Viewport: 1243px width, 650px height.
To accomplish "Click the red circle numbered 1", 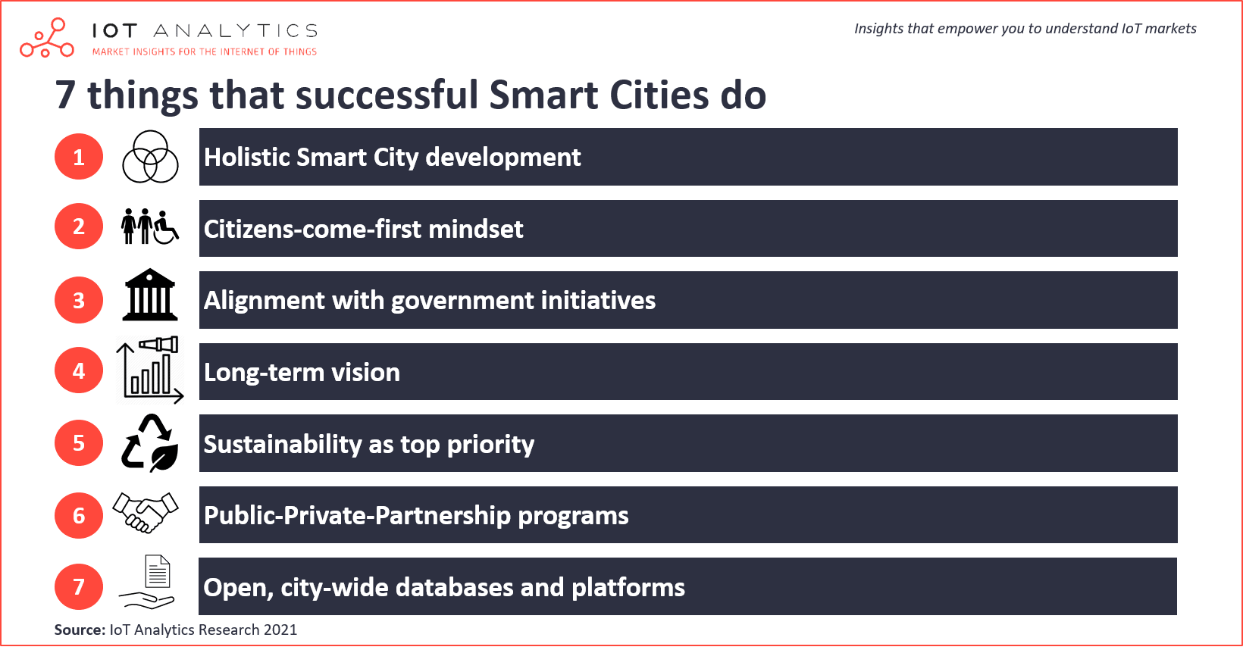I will click(79, 157).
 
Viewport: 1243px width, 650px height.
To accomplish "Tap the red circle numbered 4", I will click(79, 370).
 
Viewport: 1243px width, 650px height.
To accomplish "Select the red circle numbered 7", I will click(79, 586).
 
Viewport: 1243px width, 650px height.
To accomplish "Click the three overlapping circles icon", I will click(150, 157).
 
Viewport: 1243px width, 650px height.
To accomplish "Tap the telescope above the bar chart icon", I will click(159, 345).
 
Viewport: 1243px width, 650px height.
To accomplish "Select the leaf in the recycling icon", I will click(164, 458).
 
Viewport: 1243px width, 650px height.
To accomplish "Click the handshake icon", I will click(146, 512).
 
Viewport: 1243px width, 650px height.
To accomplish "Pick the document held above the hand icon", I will click(158, 571).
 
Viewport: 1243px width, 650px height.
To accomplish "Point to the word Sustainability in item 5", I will click(283, 444).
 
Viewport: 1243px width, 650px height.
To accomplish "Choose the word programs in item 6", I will click(573, 516).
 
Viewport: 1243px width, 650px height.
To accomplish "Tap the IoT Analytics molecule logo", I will click(47, 38).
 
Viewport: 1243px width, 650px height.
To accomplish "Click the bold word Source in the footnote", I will click(79, 630).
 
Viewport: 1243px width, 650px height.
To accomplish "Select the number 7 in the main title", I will click(65, 95).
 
